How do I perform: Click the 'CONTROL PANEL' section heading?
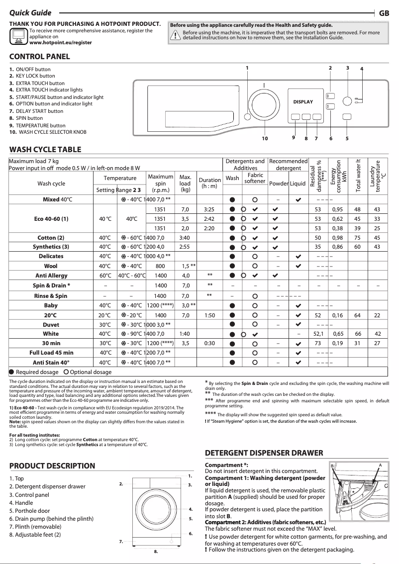(x=40, y=57)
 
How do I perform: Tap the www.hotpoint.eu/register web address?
(x=61, y=43)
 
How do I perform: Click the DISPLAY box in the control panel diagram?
(x=303, y=102)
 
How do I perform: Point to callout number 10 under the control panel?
(x=265, y=138)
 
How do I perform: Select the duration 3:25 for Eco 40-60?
(x=209, y=209)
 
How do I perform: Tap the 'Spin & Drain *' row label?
(x=51, y=285)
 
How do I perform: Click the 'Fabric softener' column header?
(x=255, y=178)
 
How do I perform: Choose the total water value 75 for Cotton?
(x=357, y=237)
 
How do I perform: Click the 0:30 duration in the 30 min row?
(x=209, y=343)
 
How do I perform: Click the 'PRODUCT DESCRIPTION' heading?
(x=52, y=466)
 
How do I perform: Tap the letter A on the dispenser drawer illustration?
(x=380, y=465)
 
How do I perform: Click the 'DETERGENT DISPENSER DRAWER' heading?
(x=264, y=453)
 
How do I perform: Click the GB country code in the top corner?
(x=384, y=13)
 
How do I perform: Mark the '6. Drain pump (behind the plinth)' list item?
(x=51, y=519)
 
